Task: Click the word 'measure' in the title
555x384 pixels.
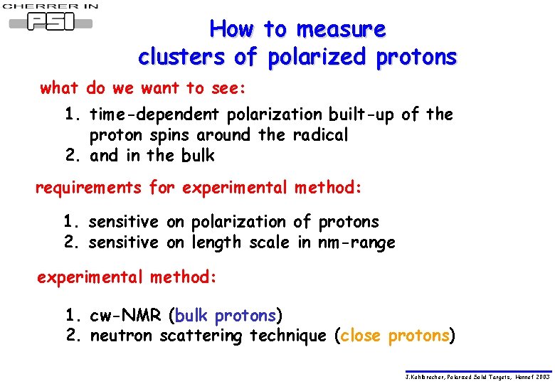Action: (341, 30)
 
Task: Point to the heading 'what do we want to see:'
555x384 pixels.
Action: (143, 89)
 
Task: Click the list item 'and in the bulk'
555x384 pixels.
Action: (152, 156)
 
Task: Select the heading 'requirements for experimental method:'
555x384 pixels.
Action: (199, 188)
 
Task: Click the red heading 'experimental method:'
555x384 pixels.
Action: (126, 277)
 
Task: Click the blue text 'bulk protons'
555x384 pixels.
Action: (225, 315)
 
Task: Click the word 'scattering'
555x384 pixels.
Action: (201, 336)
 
